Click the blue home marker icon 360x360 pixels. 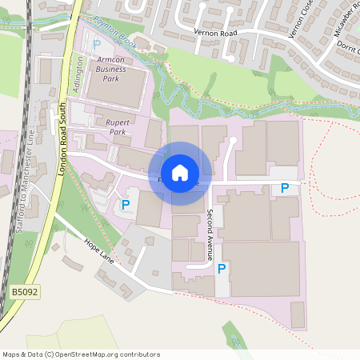coord(180,173)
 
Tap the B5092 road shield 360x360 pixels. coord(24,294)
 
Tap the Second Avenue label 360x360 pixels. coord(210,235)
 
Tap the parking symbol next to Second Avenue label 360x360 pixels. coord(222,269)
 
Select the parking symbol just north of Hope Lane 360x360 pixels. coord(126,205)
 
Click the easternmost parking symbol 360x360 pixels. coord(284,189)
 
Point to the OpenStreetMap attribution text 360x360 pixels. coord(81,354)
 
